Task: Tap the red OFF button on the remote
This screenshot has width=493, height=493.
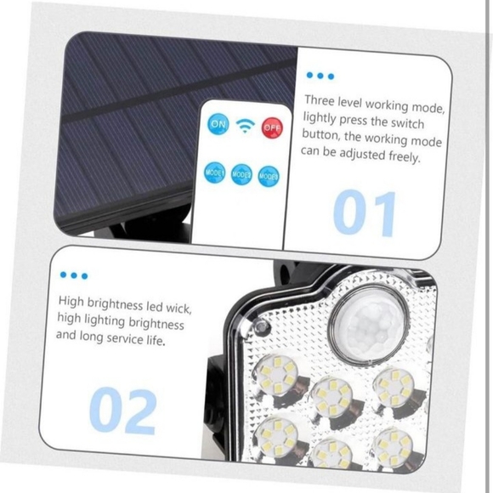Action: (271, 127)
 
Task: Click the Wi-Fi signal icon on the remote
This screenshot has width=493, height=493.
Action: (245, 126)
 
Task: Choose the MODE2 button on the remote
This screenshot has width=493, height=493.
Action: (241, 174)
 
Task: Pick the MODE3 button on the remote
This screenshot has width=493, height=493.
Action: (268, 176)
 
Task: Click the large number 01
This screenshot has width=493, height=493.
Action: (365, 212)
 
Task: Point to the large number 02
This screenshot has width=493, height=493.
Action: (122, 411)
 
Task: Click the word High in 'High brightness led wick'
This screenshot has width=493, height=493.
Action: (73, 301)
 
